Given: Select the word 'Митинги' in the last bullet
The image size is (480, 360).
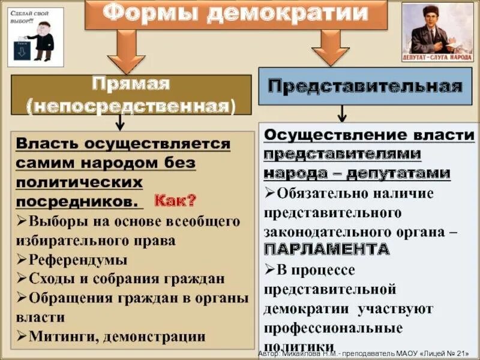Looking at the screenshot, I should [x=58, y=337].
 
